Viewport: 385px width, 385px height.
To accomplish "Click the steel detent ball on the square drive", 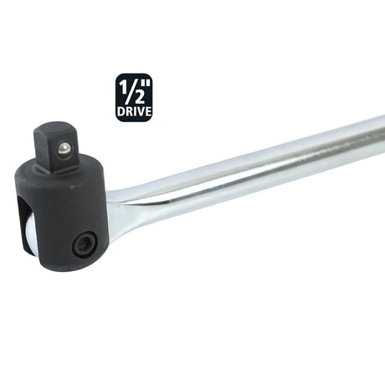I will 63,150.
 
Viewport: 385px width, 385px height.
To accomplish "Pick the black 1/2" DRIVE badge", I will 134,97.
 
